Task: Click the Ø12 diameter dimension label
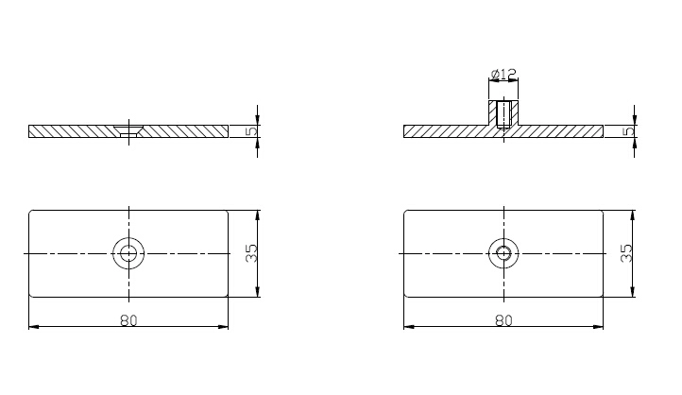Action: [x=503, y=75]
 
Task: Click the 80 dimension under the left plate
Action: [x=128, y=320]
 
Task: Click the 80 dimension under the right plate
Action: [x=503, y=320]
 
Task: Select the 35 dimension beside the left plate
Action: [x=251, y=253]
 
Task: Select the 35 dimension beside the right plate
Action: [x=626, y=253]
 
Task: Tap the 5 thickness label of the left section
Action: [x=251, y=131]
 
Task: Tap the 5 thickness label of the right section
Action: [x=629, y=131]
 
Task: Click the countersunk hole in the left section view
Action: [x=128, y=131]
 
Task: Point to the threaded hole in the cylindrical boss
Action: [x=503, y=115]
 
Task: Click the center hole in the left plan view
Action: [x=128, y=253]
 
